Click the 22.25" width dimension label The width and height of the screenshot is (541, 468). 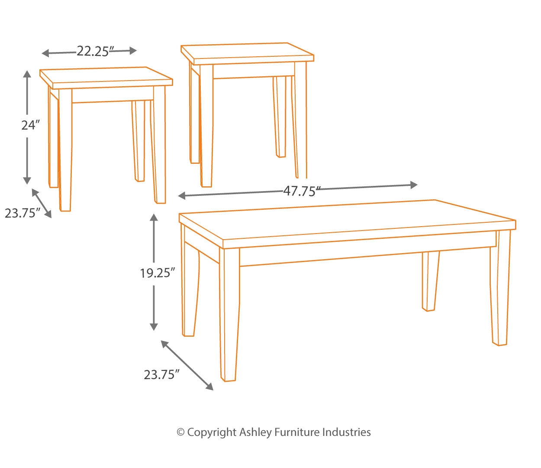pyautogui.click(x=93, y=52)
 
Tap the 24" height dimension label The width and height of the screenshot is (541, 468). pyautogui.click(x=30, y=125)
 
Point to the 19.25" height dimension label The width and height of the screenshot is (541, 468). pyautogui.click(x=157, y=273)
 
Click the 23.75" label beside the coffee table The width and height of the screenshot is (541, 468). pyautogui.click(x=161, y=374)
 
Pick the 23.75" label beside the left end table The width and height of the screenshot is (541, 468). pyautogui.click(x=23, y=213)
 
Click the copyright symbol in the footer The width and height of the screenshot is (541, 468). pyautogui.click(x=181, y=432)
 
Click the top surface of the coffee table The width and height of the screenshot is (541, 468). pyautogui.click(x=346, y=221)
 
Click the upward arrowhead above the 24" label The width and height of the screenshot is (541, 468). pyautogui.click(x=27, y=75)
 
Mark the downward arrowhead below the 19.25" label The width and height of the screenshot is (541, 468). pyautogui.click(x=154, y=327)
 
